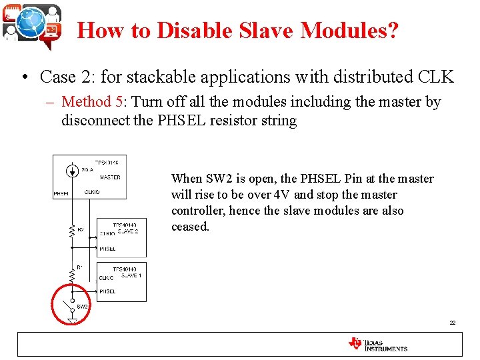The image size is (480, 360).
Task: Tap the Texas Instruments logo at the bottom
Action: tap(377, 344)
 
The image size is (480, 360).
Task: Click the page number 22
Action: tap(452, 323)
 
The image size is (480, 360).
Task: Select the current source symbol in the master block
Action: tap(71, 171)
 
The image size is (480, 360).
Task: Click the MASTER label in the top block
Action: tap(109, 177)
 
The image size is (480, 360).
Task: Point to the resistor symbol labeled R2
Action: tap(71, 230)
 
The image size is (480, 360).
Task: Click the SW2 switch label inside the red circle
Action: tap(82, 307)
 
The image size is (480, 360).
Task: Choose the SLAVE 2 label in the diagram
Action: tap(128, 232)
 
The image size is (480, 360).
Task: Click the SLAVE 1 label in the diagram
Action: tap(131, 275)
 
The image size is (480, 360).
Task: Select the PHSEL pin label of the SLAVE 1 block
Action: tap(107, 291)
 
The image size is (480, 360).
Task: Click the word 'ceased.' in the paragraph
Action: tap(190, 227)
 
